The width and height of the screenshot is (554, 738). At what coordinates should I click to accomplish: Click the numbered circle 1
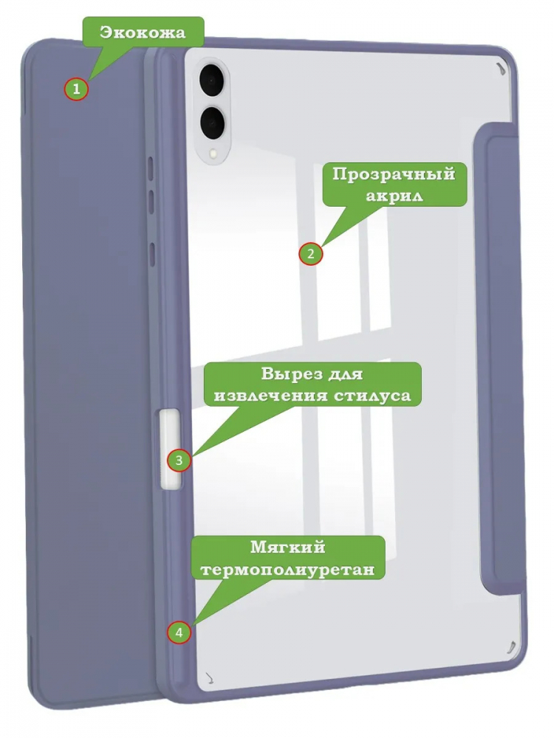[x=76, y=89]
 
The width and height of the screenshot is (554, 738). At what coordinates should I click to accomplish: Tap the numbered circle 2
[x=310, y=254]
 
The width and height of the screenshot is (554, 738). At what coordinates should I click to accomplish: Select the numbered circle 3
[x=179, y=460]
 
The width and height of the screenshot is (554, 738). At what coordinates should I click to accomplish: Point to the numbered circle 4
[x=179, y=632]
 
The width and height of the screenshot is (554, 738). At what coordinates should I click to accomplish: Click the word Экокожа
[x=143, y=33]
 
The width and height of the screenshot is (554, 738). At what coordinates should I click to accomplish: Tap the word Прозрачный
[x=394, y=175]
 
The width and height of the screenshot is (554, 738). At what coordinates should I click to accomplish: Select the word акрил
[x=394, y=196]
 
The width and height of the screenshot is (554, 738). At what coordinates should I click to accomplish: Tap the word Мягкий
[x=288, y=548]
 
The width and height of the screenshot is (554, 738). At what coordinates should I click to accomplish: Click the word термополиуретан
[x=288, y=570]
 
